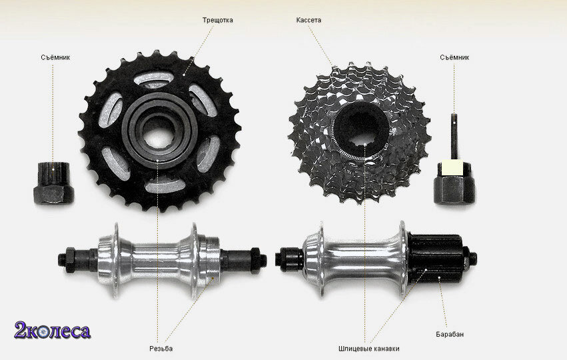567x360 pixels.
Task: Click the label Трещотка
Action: [217, 20]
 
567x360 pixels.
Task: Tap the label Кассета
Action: [308, 20]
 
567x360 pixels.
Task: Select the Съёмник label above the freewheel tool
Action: [55, 57]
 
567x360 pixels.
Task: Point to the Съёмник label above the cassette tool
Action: [454, 57]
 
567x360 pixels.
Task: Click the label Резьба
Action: [161, 349]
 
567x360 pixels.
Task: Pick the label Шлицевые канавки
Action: [369, 349]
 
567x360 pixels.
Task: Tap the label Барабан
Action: [450, 334]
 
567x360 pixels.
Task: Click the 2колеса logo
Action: [53, 330]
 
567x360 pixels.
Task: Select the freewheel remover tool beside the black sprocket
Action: [53, 182]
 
